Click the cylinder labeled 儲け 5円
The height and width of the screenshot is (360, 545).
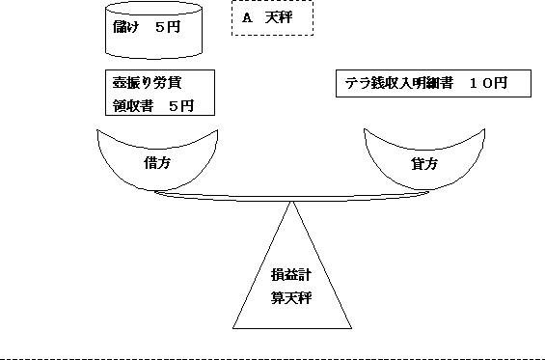point(155,31)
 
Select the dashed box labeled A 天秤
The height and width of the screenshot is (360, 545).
point(272,18)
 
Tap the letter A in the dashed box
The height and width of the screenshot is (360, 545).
point(248,18)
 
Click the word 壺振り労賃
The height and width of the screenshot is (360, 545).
point(142,84)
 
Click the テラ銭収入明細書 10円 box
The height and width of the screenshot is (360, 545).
point(433,84)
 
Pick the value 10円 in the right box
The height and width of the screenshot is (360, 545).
point(488,84)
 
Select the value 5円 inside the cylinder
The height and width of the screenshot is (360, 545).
point(181,30)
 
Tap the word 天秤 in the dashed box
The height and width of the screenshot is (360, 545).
point(279,18)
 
